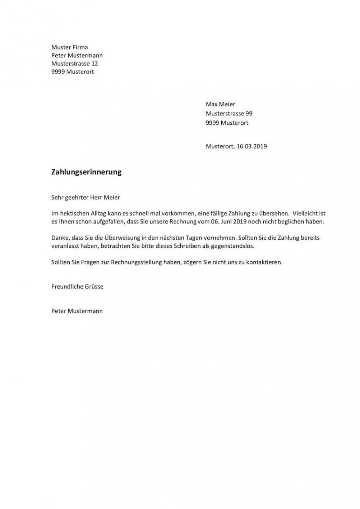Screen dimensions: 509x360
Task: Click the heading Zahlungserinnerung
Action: (x=86, y=172)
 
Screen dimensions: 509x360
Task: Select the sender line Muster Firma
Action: (x=69, y=47)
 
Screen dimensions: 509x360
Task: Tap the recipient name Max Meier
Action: (x=220, y=104)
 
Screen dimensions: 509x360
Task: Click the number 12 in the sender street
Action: (x=94, y=64)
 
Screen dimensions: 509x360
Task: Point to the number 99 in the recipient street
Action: (x=249, y=114)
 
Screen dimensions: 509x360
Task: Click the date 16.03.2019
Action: (x=251, y=146)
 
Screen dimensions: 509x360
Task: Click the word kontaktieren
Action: (x=264, y=262)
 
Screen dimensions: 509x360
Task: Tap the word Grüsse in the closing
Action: (x=94, y=287)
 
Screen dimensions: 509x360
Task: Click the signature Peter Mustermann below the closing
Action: (x=77, y=311)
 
